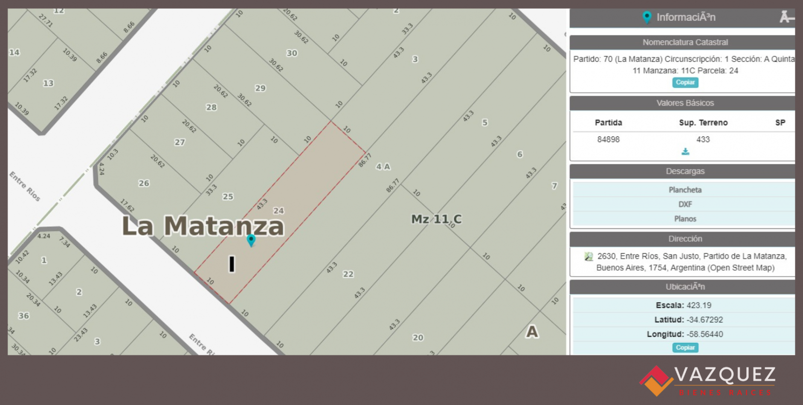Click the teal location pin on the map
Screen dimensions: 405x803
click(251, 240)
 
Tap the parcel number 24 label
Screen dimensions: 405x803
click(278, 211)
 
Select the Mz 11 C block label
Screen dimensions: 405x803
click(436, 219)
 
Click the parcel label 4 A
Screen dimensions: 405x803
click(383, 167)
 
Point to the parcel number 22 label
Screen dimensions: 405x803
click(348, 274)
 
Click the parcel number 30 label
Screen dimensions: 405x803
click(292, 53)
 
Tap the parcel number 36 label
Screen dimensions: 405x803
click(23, 316)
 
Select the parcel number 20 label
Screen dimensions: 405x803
click(418, 338)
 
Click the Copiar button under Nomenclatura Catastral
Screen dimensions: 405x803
click(685, 82)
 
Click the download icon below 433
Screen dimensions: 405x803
click(685, 152)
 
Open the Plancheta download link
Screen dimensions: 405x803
click(685, 190)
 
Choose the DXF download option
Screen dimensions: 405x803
click(685, 204)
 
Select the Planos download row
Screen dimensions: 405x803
click(685, 219)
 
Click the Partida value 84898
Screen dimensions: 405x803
click(608, 139)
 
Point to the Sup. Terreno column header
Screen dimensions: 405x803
click(703, 123)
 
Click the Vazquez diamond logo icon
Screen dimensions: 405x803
click(655, 380)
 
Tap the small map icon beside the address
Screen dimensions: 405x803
click(589, 257)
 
